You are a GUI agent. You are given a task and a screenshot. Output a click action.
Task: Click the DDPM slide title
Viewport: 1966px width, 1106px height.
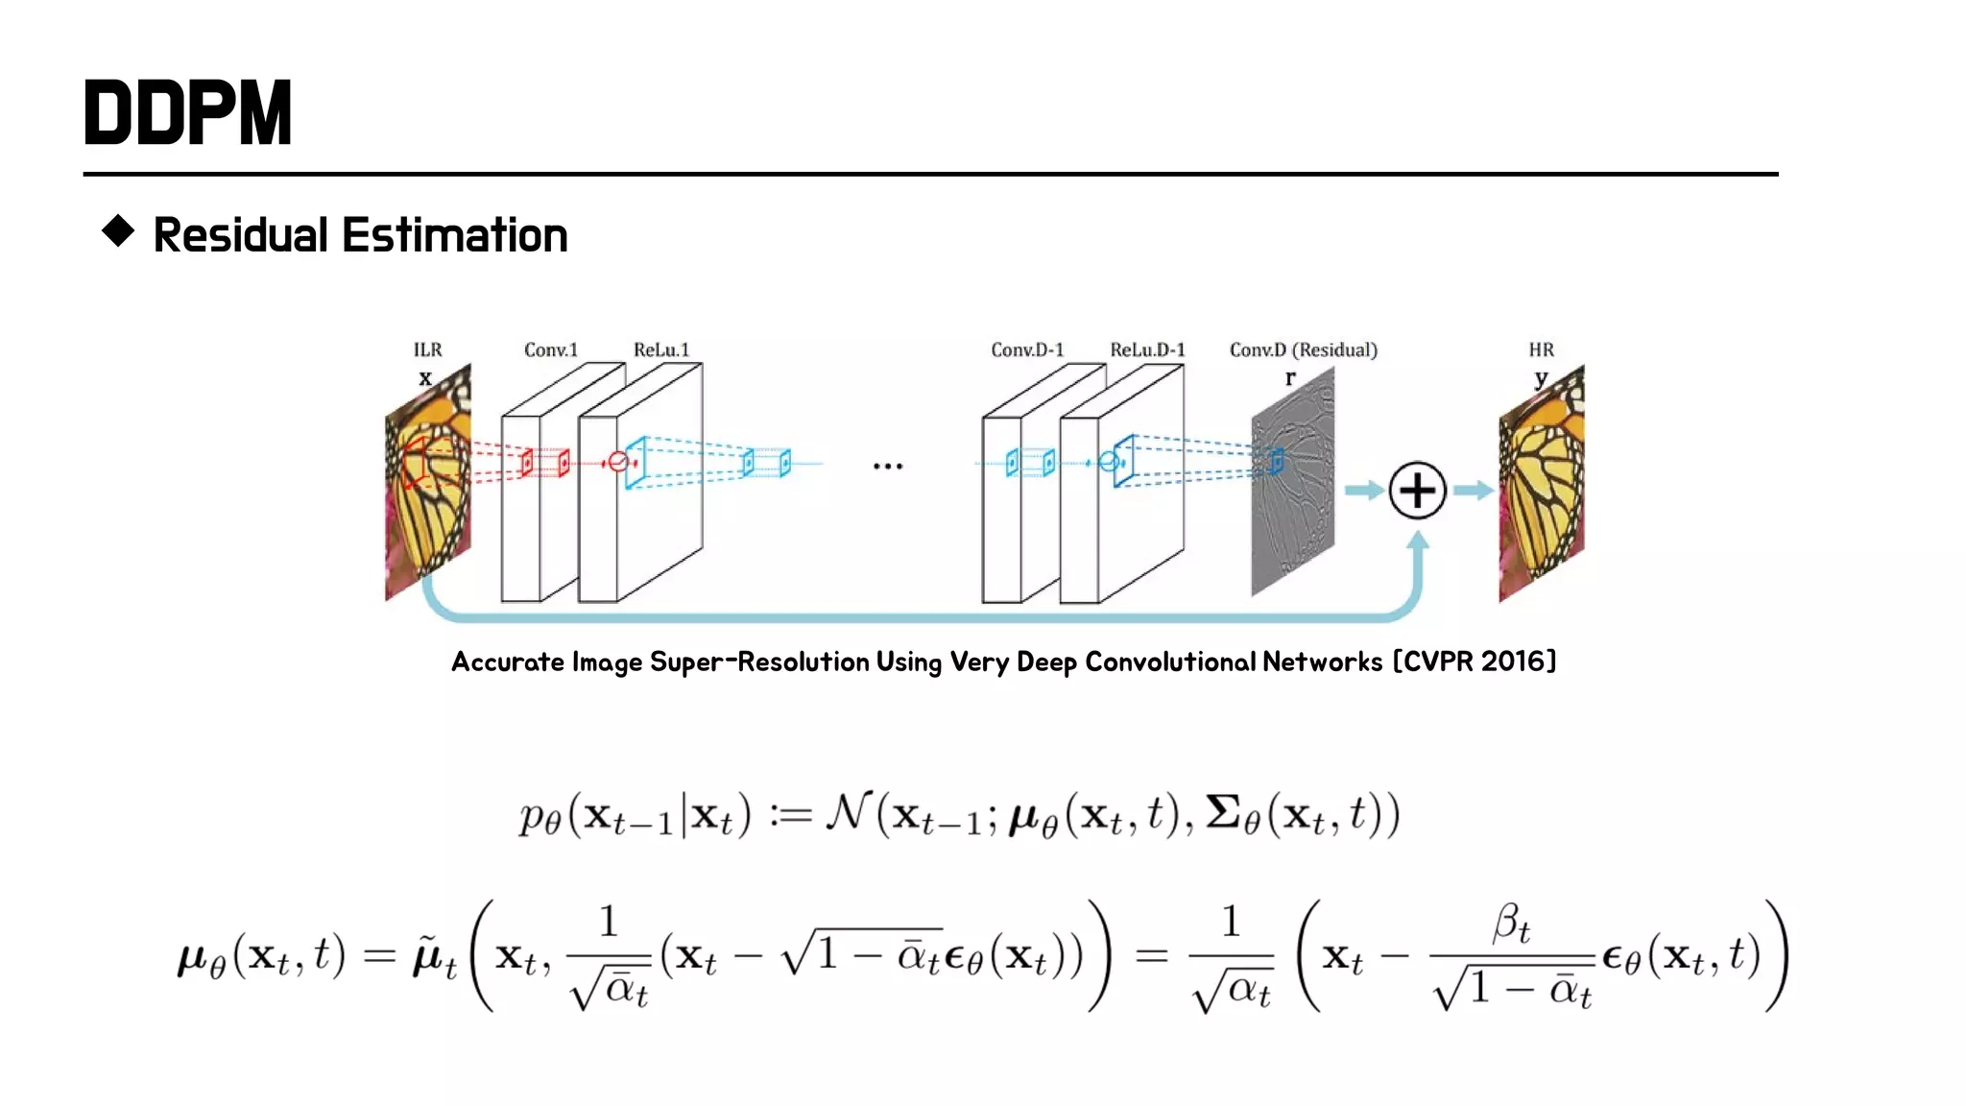pos(188,113)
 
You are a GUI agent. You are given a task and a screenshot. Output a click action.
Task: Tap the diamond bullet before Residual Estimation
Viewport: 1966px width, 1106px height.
pos(118,231)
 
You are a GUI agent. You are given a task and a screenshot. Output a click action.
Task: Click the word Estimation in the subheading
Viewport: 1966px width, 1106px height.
pos(455,235)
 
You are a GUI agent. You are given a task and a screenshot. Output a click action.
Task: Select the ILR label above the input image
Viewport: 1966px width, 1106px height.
pos(427,349)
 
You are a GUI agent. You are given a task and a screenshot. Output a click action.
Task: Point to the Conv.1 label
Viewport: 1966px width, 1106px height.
pos(551,349)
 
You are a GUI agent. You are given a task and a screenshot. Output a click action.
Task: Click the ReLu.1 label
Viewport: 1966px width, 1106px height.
pos(661,349)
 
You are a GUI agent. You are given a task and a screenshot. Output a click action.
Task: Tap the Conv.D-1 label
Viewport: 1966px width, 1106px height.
pos(1027,349)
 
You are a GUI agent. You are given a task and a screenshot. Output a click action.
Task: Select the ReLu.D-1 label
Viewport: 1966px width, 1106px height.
pos(1147,349)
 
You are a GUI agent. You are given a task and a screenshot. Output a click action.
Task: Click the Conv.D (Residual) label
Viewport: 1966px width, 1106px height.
pos(1303,349)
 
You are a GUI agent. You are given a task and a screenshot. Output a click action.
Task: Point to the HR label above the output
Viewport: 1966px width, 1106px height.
pos(1541,349)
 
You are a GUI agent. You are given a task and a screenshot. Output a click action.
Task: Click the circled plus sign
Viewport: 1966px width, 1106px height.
pos(1417,491)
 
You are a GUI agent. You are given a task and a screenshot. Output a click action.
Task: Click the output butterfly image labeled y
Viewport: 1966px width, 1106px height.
pos(1542,485)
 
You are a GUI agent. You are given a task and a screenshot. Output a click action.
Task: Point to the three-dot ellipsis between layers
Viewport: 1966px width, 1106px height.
pos(888,467)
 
